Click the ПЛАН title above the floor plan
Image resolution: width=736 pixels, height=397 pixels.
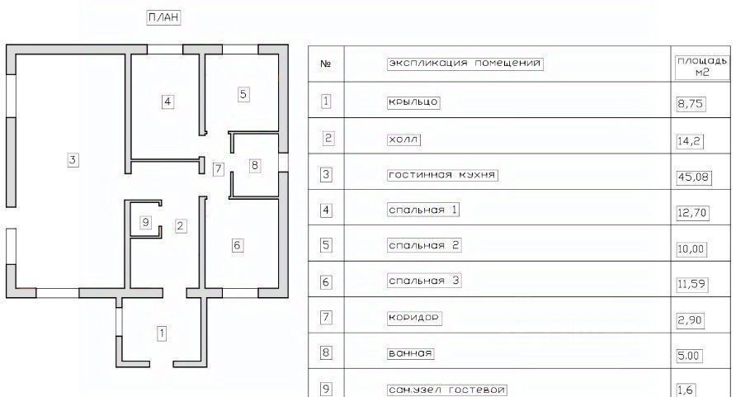pyautogui.click(x=163, y=17)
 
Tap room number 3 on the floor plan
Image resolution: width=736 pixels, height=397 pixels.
pyautogui.click(x=73, y=160)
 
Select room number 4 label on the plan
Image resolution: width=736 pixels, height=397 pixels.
pyautogui.click(x=167, y=102)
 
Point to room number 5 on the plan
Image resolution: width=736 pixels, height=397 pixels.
pyautogui.click(x=243, y=94)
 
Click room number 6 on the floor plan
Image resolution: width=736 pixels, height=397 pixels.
pyautogui.click(x=237, y=245)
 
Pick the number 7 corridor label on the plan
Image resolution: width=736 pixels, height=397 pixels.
pyautogui.click(x=218, y=169)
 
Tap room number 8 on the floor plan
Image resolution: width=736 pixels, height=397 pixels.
pyautogui.click(x=254, y=166)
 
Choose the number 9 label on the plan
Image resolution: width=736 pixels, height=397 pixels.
pyautogui.click(x=145, y=221)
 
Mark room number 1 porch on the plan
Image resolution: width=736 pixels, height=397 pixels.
pyautogui.click(x=162, y=333)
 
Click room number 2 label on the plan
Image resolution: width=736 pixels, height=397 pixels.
pyautogui.click(x=181, y=224)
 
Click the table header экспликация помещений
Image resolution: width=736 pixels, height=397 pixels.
pyautogui.click(x=465, y=64)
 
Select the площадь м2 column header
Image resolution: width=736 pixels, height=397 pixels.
pyautogui.click(x=701, y=67)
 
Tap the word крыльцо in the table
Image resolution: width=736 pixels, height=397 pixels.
pyautogui.click(x=413, y=102)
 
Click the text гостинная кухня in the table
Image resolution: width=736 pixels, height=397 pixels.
pyautogui.click(x=443, y=175)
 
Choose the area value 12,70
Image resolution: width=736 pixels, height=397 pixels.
pyautogui.click(x=691, y=212)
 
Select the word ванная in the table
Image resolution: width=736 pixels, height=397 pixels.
pyautogui.click(x=410, y=353)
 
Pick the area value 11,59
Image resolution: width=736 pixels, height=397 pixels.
pyautogui.click(x=691, y=283)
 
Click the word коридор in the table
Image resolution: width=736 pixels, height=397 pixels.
pyautogui.click(x=414, y=318)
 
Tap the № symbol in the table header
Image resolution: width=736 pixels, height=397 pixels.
pyautogui.click(x=325, y=64)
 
